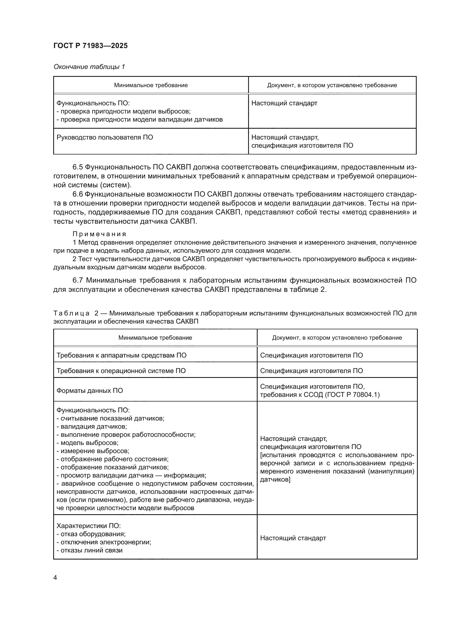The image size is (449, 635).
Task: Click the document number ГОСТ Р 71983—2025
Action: pyautogui.click(x=90, y=46)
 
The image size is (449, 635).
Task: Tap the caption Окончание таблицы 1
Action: pyautogui.click(x=89, y=67)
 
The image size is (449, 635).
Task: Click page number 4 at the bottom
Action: pyautogui.click(x=55, y=577)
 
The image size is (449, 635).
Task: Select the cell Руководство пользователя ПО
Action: pyautogui.click(x=105, y=137)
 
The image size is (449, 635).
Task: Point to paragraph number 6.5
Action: pyautogui.click(x=78, y=167)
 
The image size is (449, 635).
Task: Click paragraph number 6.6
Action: pyautogui.click(x=78, y=194)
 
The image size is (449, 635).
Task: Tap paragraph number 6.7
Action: pyautogui.click(x=78, y=280)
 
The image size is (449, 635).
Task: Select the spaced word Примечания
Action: pyautogui.click(x=99, y=234)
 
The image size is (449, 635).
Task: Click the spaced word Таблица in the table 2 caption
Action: pyautogui.click(x=71, y=313)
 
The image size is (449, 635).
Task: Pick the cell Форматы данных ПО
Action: pyautogui.click(x=90, y=390)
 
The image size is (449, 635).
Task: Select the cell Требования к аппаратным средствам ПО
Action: pyautogui.click(x=121, y=355)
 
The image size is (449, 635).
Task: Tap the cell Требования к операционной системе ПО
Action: pyautogui.click(x=121, y=371)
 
